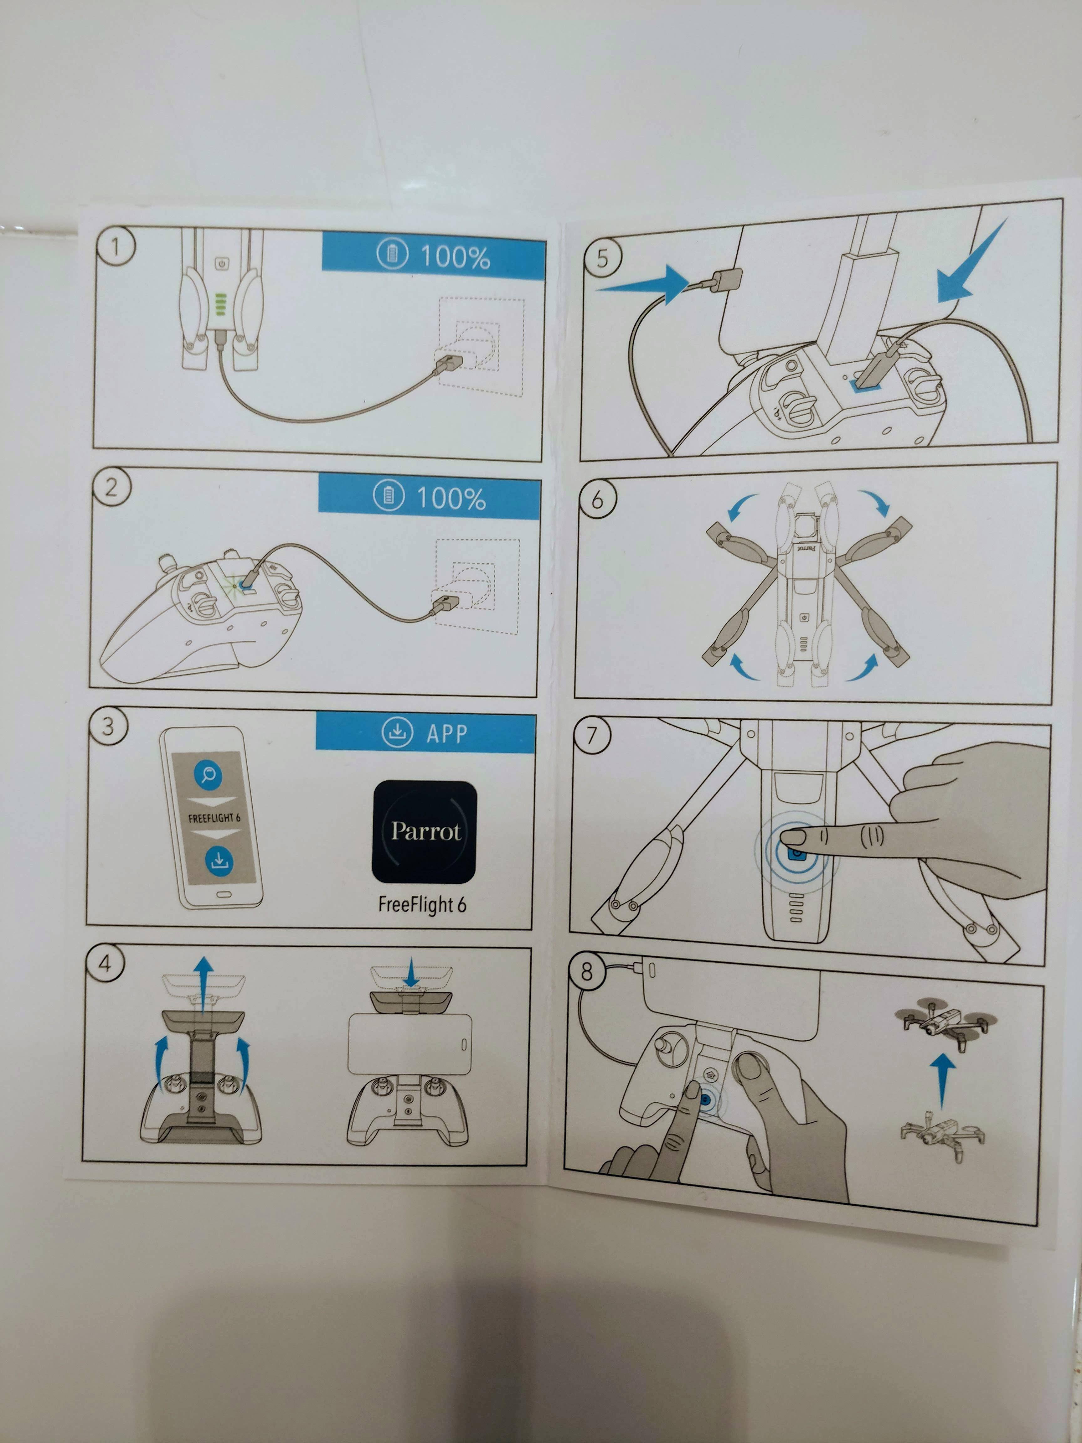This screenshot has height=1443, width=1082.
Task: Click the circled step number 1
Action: (116, 246)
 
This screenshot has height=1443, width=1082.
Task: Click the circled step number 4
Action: (105, 964)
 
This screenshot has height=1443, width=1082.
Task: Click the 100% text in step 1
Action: (455, 257)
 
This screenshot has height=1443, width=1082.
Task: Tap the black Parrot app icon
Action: (425, 831)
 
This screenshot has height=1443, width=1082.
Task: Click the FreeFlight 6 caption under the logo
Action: (422, 904)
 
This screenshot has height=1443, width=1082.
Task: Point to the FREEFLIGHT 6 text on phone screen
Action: (214, 817)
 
